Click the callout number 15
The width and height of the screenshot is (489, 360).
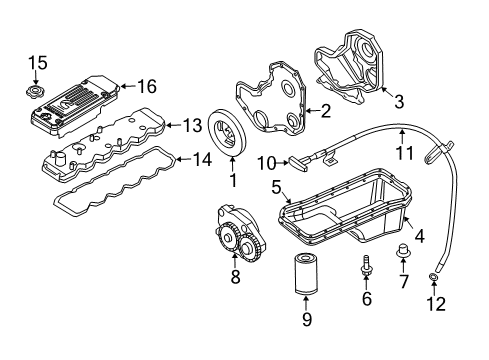[37, 64]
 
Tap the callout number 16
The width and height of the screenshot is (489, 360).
[146, 87]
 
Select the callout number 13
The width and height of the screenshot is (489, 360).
[191, 125]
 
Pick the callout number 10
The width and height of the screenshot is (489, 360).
[267, 163]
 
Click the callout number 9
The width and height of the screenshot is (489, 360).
[308, 320]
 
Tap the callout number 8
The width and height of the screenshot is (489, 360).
[236, 277]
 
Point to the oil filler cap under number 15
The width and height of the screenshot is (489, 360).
[37, 93]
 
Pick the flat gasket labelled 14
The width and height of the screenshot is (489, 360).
[110, 189]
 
